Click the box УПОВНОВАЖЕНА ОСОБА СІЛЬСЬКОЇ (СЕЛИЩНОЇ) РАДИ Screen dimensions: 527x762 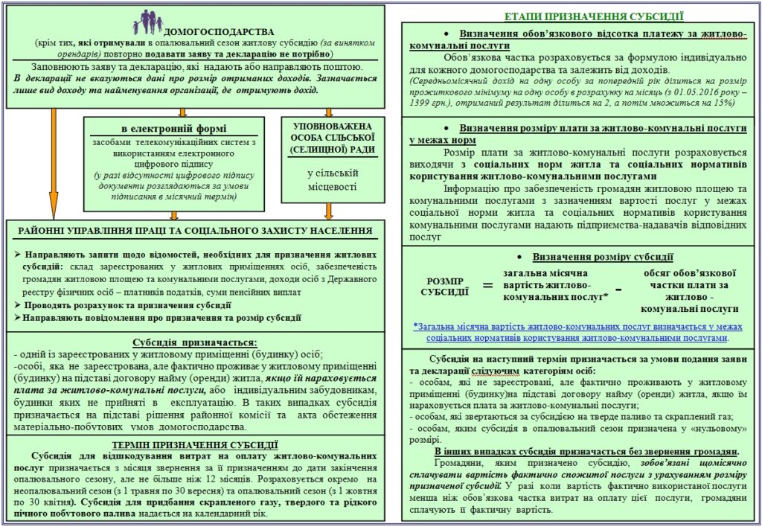tap(333, 139)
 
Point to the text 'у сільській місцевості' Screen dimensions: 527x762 tap(333, 180)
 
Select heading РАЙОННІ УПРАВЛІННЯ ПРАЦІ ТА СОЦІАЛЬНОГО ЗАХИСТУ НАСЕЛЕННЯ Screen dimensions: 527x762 tap(195, 231)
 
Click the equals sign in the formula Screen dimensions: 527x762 tap(488, 287)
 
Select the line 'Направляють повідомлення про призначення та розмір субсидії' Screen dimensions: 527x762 tap(161, 317)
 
